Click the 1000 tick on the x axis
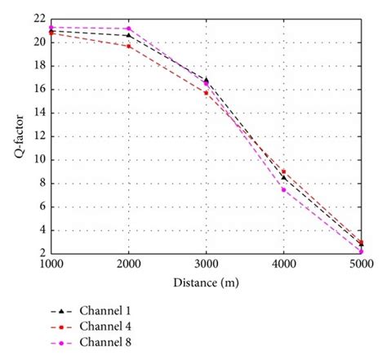[51, 264]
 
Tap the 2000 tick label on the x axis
[128, 264]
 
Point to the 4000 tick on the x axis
[283, 264]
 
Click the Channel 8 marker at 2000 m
[128, 29]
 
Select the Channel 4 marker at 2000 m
[128, 46]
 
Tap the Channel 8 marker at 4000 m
[283, 189]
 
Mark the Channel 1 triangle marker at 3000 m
[206, 80]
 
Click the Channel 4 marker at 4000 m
[283, 171]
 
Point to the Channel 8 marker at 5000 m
[361, 251]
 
